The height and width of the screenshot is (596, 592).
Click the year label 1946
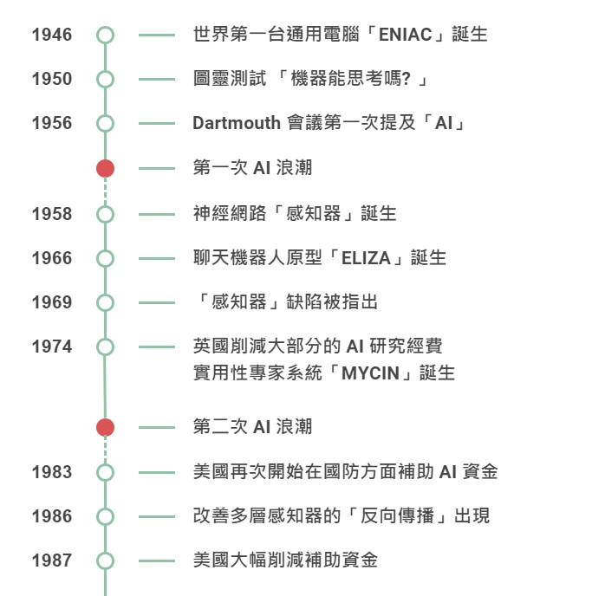point(52,36)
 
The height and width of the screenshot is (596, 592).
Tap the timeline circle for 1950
point(105,80)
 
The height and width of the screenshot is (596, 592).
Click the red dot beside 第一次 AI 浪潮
point(105,168)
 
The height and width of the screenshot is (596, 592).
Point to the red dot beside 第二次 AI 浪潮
point(105,427)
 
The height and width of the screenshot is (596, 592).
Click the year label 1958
point(52,214)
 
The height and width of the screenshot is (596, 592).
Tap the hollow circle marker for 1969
point(105,302)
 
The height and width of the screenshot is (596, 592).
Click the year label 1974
point(52,347)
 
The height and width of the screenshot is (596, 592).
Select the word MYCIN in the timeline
point(368,374)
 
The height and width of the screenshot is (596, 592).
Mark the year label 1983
point(52,472)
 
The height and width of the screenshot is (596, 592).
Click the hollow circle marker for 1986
point(105,516)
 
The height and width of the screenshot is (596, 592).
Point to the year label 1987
point(52,560)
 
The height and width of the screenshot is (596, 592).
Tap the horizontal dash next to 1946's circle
point(156,36)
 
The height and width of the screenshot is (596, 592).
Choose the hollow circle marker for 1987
point(105,560)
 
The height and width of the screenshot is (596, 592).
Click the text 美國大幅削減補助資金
point(285,560)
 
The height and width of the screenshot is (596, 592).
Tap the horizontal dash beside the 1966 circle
point(156,258)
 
